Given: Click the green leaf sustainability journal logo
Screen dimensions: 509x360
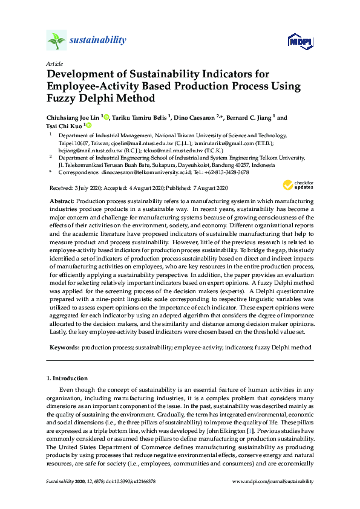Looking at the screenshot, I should [x=56, y=41].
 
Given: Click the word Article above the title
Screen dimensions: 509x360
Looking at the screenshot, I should [x=53, y=63].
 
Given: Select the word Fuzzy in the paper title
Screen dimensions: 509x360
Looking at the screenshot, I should [x=62, y=99].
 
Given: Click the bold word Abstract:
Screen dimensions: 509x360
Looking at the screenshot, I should [x=62, y=200].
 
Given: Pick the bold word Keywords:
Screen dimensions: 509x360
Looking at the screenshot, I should [x=64, y=348].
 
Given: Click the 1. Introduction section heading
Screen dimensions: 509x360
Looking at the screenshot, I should [x=68, y=378].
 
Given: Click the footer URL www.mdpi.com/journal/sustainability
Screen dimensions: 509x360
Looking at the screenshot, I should [x=273, y=481].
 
